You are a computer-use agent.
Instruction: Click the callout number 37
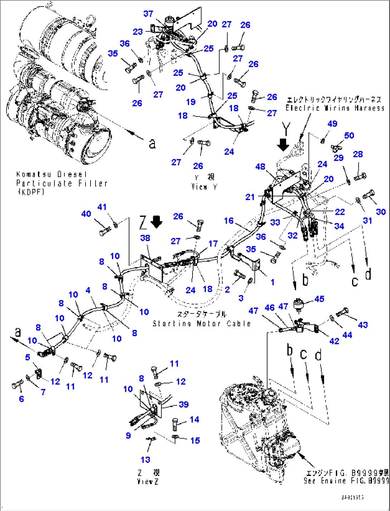(x=148, y=14)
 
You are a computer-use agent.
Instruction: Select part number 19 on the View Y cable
(x=191, y=102)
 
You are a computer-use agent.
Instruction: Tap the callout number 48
(x=260, y=167)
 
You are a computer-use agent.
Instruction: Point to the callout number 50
(x=349, y=135)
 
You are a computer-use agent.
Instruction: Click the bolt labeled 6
(x=16, y=386)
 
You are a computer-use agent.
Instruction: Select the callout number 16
(x=229, y=221)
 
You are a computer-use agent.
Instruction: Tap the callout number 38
(x=145, y=238)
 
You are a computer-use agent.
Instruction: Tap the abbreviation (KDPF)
(x=31, y=192)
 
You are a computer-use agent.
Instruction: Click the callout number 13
(x=145, y=460)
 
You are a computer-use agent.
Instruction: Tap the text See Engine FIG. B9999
(x=346, y=481)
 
